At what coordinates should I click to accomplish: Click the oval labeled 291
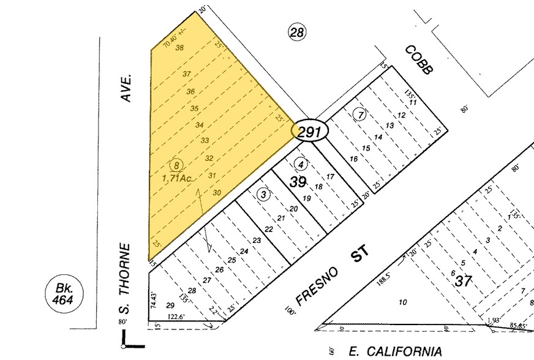pyautogui.click(x=310, y=130)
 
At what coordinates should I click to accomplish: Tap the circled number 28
pyautogui.click(x=297, y=33)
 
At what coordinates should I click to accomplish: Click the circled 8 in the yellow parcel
pyautogui.click(x=177, y=165)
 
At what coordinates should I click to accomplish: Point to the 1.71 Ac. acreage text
pyautogui.click(x=178, y=178)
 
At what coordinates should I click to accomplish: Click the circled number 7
pyautogui.click(x=361, y=114)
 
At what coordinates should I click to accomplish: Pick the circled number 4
pyautogui.click(x=300, y=163)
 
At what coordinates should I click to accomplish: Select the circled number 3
pyautogui.click(x=263, y=195)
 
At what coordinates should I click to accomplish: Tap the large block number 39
pyautogui.click(x=298, y=182)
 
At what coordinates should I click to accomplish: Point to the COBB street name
pyautogui.click(x=418, y=60)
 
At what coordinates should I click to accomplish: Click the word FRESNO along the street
pyautogui.click(x=310, y=290)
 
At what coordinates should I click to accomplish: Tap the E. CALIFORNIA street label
pyautogui.click(x=395, y=351)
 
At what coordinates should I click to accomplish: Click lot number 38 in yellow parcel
pyautogui.click(x=179, y=48)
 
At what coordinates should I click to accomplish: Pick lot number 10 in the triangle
pyautogui.click(x=402, y=302)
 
